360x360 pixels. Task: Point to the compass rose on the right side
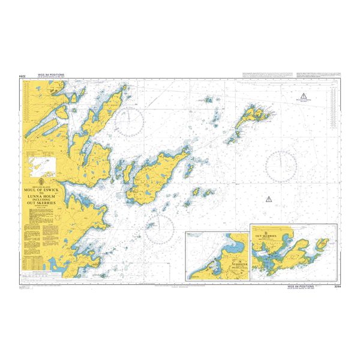[x=281, y=163]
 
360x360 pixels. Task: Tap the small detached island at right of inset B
[x=325, y=242]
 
